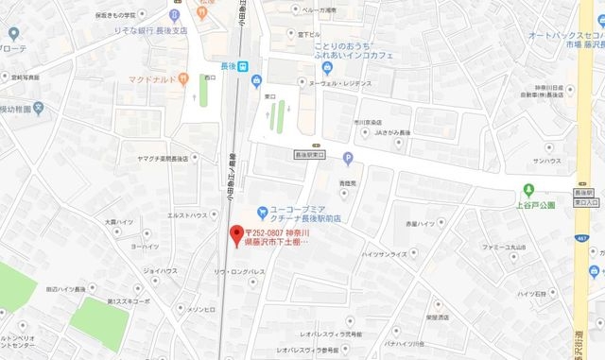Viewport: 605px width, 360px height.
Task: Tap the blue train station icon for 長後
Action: [x=243, y=66]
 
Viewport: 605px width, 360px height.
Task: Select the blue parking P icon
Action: [x=347, y=158]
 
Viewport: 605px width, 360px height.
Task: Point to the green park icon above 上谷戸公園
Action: [x=527, y=187]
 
